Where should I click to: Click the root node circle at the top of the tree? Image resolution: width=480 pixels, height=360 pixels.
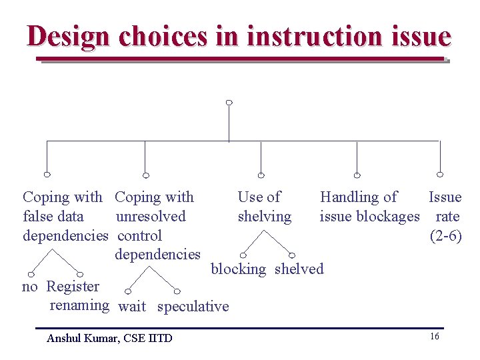pos(229,103)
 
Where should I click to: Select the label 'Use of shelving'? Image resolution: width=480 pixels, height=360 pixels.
pos(263,207)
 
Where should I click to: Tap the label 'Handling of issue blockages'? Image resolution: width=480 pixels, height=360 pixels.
pos(369,207)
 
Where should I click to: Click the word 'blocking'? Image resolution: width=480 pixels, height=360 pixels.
pos(238,269)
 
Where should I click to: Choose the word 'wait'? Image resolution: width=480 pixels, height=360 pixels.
pos(132,307)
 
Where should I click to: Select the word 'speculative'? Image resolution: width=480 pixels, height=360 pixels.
pos(193,307)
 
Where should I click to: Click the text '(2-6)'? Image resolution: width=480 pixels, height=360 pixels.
pos(446,236)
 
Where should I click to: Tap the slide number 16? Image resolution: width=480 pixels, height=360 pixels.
pos(434,337)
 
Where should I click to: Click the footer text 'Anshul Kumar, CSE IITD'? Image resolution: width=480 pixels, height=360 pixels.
pos(109,338)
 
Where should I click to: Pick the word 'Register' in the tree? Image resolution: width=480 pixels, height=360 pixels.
pos(73,287)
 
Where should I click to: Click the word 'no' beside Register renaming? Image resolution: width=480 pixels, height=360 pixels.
pos(29,287)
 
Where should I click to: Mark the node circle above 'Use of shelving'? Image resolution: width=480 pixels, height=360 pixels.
pos(261,175)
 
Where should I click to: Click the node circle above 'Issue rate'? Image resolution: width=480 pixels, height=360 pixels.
pos(439,175)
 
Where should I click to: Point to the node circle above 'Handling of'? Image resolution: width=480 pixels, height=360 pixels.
pos(357,175)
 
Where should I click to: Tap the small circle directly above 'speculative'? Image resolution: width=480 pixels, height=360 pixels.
pos(177,291)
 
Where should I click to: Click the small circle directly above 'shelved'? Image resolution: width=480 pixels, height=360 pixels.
pos(292,255)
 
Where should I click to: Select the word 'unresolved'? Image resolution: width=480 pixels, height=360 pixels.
pos(151,217)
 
